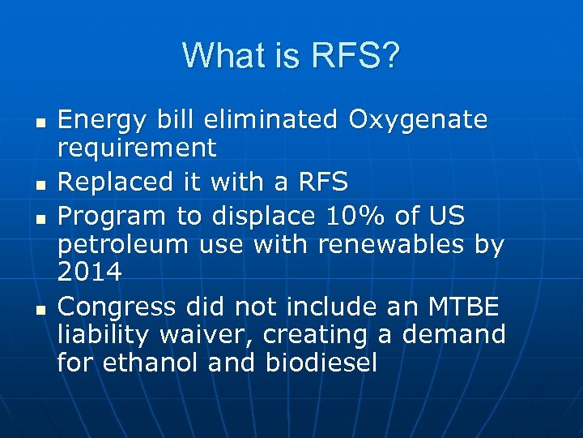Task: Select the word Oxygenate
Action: coord(418,121)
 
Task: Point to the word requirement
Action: coord(137,148)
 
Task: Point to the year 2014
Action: coord(89,272)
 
